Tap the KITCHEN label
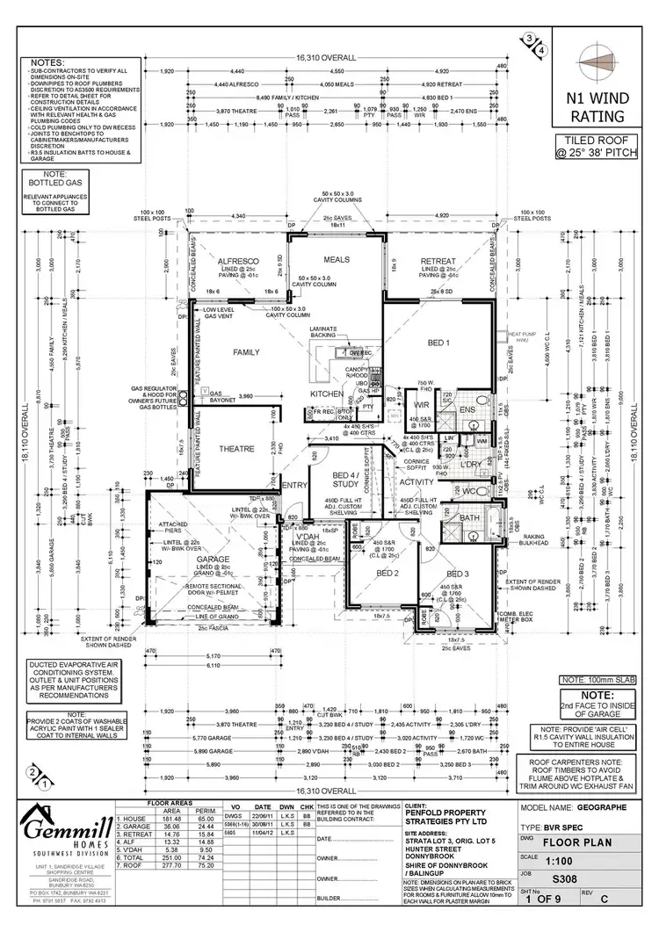click(325, 394)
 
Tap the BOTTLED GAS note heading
click(54, 181)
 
